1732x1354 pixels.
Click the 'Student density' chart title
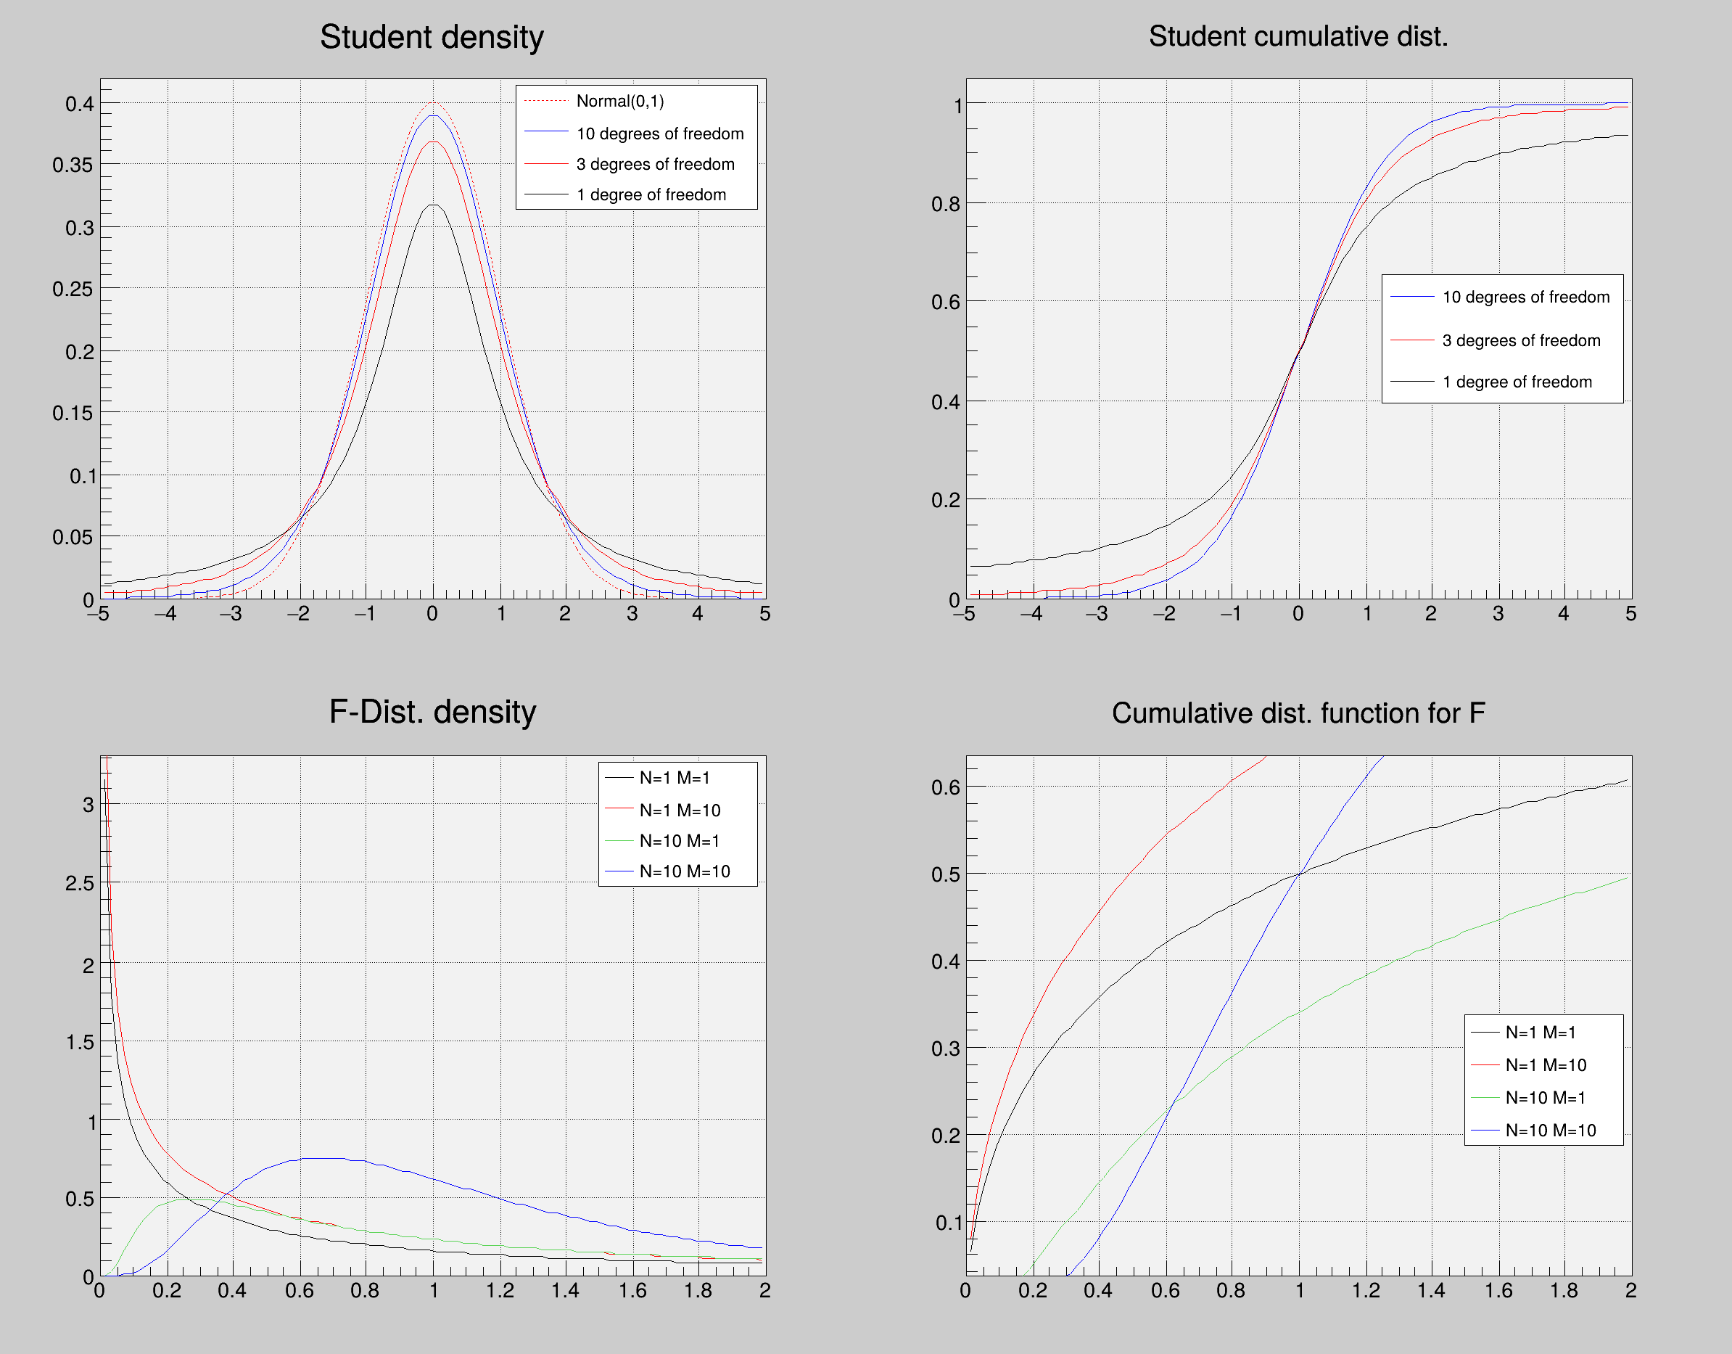432,37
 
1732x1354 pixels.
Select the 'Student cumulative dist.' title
1298,36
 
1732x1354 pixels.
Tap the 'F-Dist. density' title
432,713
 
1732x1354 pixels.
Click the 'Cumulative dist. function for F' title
1298,713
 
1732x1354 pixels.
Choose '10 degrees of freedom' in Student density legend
660,134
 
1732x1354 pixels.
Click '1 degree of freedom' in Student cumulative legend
1517,382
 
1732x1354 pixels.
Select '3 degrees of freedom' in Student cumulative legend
1521,340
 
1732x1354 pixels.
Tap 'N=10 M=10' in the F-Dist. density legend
685,871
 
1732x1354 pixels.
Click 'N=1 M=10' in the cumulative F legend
1546,1065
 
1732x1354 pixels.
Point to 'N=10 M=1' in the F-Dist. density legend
680,841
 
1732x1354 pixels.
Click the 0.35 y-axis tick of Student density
73,165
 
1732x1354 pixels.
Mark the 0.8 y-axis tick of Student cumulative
945,204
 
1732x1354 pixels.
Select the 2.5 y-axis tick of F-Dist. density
79,883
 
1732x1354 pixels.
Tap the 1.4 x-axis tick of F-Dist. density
566,1291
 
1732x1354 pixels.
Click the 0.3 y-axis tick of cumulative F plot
945,1049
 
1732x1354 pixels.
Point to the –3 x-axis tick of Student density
231,614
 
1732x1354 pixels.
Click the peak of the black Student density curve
433,205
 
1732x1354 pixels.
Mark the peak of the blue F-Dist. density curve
325,1158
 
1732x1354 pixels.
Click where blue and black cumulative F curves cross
1299,874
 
